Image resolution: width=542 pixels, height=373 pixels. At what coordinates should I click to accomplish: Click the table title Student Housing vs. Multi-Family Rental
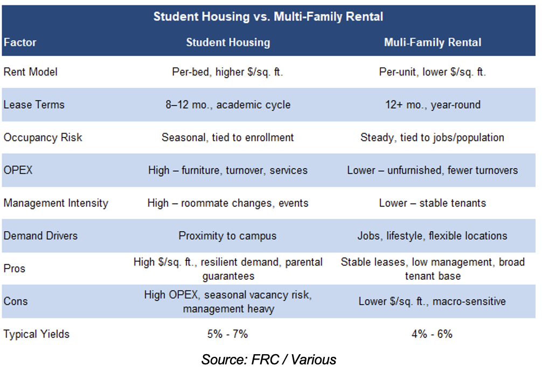pos(268,17)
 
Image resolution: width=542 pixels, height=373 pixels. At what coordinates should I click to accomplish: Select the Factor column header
pos(20,42)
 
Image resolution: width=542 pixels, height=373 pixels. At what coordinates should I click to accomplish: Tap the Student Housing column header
pos(228,42)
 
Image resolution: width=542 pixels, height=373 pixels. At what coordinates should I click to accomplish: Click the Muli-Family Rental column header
pos(433,42)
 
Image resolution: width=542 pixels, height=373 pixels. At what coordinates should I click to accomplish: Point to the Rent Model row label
pos(30,72)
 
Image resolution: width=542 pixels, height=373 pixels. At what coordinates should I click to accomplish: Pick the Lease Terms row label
pos(34,105)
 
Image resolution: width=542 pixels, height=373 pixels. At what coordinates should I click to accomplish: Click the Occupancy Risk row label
pos(43,137)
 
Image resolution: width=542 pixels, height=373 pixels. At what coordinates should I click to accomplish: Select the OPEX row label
pos(18,170)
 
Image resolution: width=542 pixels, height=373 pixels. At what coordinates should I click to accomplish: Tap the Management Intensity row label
pos(56,203)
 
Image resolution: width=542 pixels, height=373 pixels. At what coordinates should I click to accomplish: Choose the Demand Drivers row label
pos(40,236)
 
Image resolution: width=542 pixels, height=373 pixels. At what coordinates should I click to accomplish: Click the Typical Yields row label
pos(36,334)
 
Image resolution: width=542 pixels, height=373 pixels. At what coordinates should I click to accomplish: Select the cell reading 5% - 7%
pos(228,334)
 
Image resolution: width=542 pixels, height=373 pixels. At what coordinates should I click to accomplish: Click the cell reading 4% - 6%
pos(432,334)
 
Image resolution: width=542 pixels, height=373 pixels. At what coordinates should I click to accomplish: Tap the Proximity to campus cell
pos(227,236)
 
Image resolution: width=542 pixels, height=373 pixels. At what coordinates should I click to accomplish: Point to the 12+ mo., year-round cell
pos(433,105)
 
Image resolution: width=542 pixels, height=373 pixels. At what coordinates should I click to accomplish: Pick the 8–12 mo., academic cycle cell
pos(228,105)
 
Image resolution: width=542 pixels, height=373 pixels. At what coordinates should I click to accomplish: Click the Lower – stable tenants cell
pos(433,203)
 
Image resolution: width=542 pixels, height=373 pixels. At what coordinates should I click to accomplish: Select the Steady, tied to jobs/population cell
pos(433,137)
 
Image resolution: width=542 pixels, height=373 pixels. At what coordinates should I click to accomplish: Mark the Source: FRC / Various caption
pos(269,360)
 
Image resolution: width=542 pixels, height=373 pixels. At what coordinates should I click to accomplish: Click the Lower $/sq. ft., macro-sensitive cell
pos(432,301)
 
